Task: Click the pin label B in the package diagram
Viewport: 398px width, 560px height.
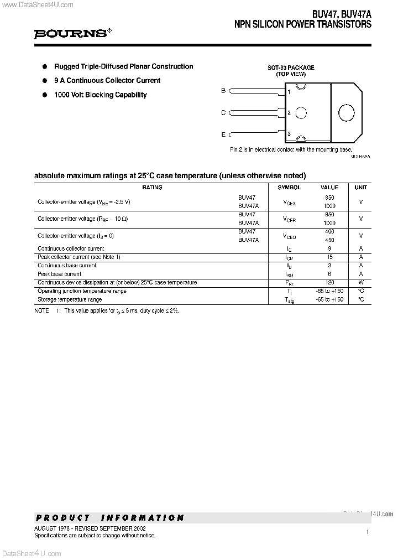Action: tap(223, 91)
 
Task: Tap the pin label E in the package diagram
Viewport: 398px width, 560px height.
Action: tap(223, 134)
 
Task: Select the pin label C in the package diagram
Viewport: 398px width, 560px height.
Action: tap(223, 113)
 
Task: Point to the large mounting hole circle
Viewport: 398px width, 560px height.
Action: tap(346, 113)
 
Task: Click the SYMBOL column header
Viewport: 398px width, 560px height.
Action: tap(289, 188)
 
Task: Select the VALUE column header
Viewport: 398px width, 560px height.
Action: tap(329, 188)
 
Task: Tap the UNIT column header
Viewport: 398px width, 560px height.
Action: tap(360, 188)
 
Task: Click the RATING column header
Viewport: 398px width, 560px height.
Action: tap(152, 188)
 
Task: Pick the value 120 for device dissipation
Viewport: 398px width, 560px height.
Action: tap(329, 283)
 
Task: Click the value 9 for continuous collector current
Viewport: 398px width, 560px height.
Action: tap(329, 249)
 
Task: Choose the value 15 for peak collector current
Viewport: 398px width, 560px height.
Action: tap(329, 257)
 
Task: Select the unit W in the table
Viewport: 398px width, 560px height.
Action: tap(360, 283)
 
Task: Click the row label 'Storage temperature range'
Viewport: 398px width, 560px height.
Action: tap(70, 299)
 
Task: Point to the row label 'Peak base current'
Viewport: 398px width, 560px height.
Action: tap(60, 274)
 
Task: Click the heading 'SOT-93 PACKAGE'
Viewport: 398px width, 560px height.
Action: tap(291, 68)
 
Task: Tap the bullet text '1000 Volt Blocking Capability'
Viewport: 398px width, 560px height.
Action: tap(100, 95)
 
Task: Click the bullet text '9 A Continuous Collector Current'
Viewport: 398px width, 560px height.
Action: tap(107, 80)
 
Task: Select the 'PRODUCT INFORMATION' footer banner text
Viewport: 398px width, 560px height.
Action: tap(109, 518)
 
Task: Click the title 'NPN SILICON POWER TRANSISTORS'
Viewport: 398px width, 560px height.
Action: tap(303, 25)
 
